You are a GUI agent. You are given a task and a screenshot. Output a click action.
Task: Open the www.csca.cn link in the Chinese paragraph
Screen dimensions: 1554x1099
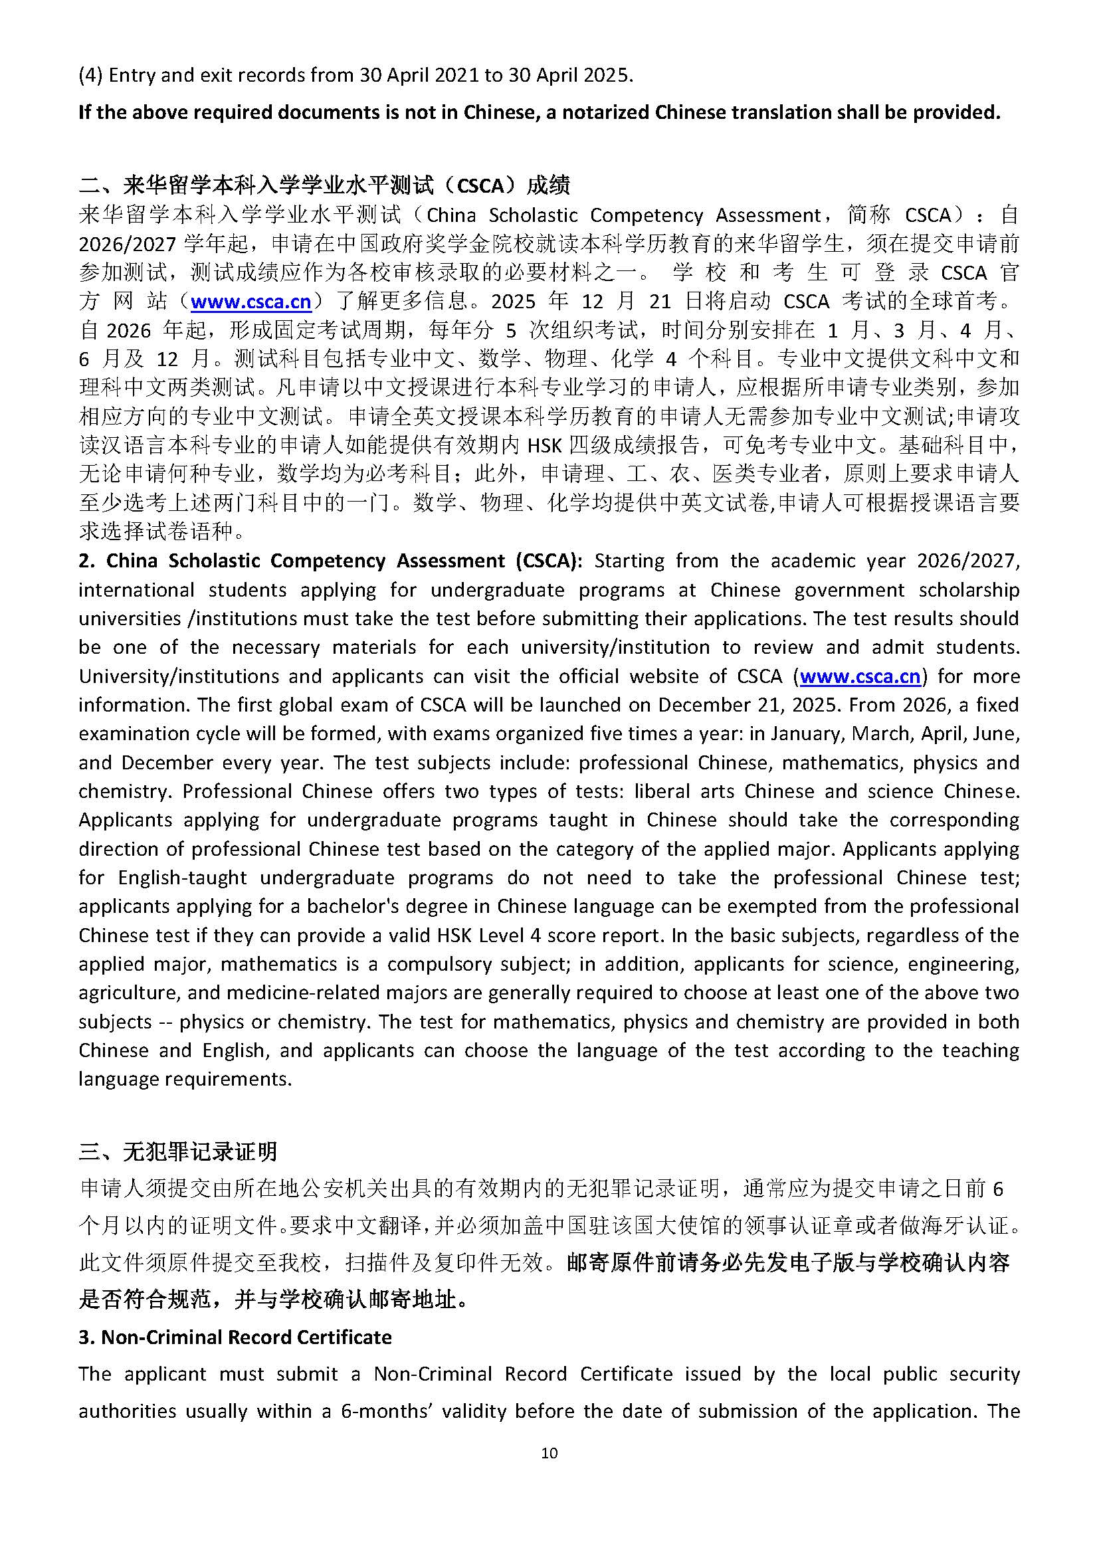point(250,302)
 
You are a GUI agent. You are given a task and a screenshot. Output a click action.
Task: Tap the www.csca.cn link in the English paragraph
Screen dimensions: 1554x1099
point(859,676)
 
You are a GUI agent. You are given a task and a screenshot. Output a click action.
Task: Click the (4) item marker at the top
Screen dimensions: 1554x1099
point(90,75)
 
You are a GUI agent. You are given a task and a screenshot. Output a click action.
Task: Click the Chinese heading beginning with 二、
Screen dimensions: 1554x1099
point(324,185)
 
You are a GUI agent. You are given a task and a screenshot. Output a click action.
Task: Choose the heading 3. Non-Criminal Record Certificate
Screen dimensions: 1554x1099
point(235,1337)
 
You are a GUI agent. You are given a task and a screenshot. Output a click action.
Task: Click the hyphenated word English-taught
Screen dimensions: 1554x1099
point(183,878)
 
